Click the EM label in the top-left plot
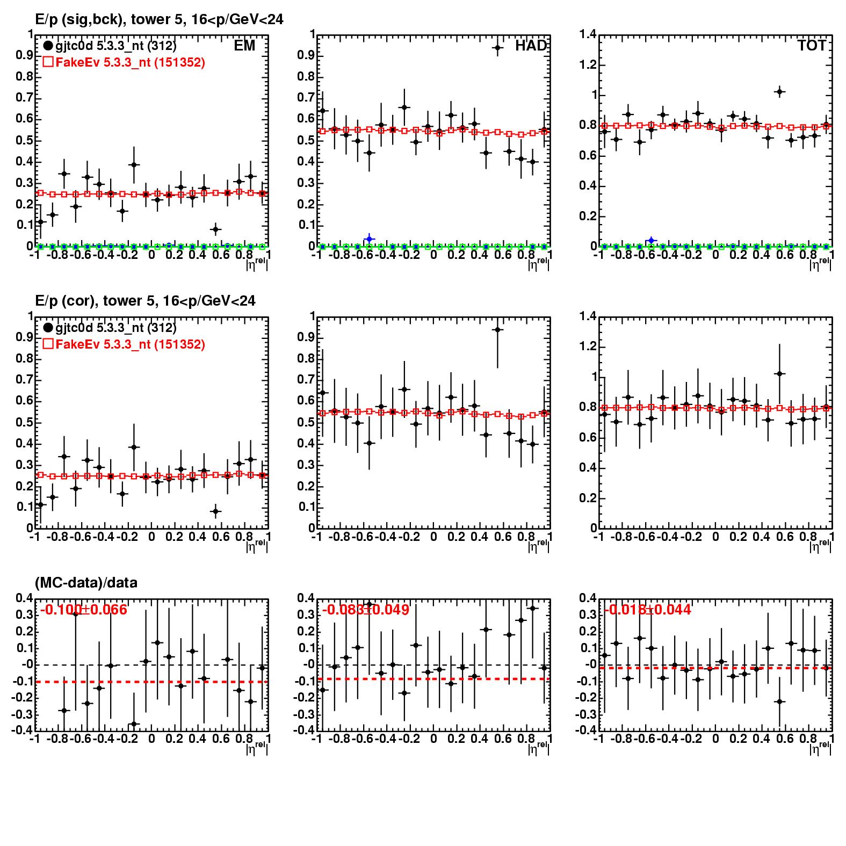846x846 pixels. pos(244,46)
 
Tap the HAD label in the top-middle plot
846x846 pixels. pos(531,46)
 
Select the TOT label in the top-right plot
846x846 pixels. pos(812,46)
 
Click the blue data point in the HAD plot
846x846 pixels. pos(368,239)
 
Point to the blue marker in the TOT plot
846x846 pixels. pos(651,240)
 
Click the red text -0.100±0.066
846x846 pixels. pos(84,610)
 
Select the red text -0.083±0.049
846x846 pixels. pos(366,610)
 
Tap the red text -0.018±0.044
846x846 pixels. pos(648,610)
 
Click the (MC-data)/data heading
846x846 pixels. pos(86,583)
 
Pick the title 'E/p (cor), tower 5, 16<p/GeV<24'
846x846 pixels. pos(145,301)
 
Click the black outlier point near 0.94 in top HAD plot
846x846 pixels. pos(497,48)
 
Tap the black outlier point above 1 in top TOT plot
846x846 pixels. pos(780,92)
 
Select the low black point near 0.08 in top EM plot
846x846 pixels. pos(215,229)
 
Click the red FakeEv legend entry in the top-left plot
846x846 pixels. pos(124,62)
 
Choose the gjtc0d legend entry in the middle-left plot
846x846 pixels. pos(110,328)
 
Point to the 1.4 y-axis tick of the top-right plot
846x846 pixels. pos(588,35)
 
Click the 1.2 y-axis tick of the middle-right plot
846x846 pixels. pos(588,346)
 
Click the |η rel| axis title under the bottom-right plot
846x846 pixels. pos(820,748)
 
